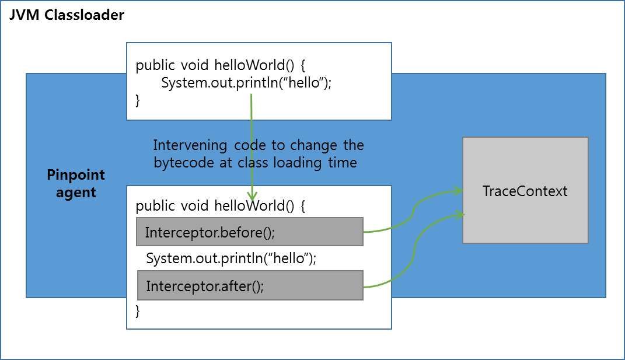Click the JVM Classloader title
(67, 15)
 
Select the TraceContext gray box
(525, 191)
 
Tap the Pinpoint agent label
(76, 183)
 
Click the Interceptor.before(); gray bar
(250, 232)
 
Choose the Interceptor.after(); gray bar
(250, 286)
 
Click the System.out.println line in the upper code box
(246, 82)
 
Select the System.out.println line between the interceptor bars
(231, 258)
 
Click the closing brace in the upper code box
(138, 100)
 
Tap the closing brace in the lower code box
(138, 311)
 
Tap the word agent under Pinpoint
(76, 192)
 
